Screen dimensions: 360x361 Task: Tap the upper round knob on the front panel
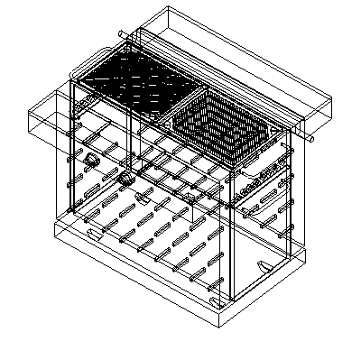[93, 159]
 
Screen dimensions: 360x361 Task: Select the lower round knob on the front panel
[125, 180]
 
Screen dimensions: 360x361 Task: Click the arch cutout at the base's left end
[93, 233]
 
